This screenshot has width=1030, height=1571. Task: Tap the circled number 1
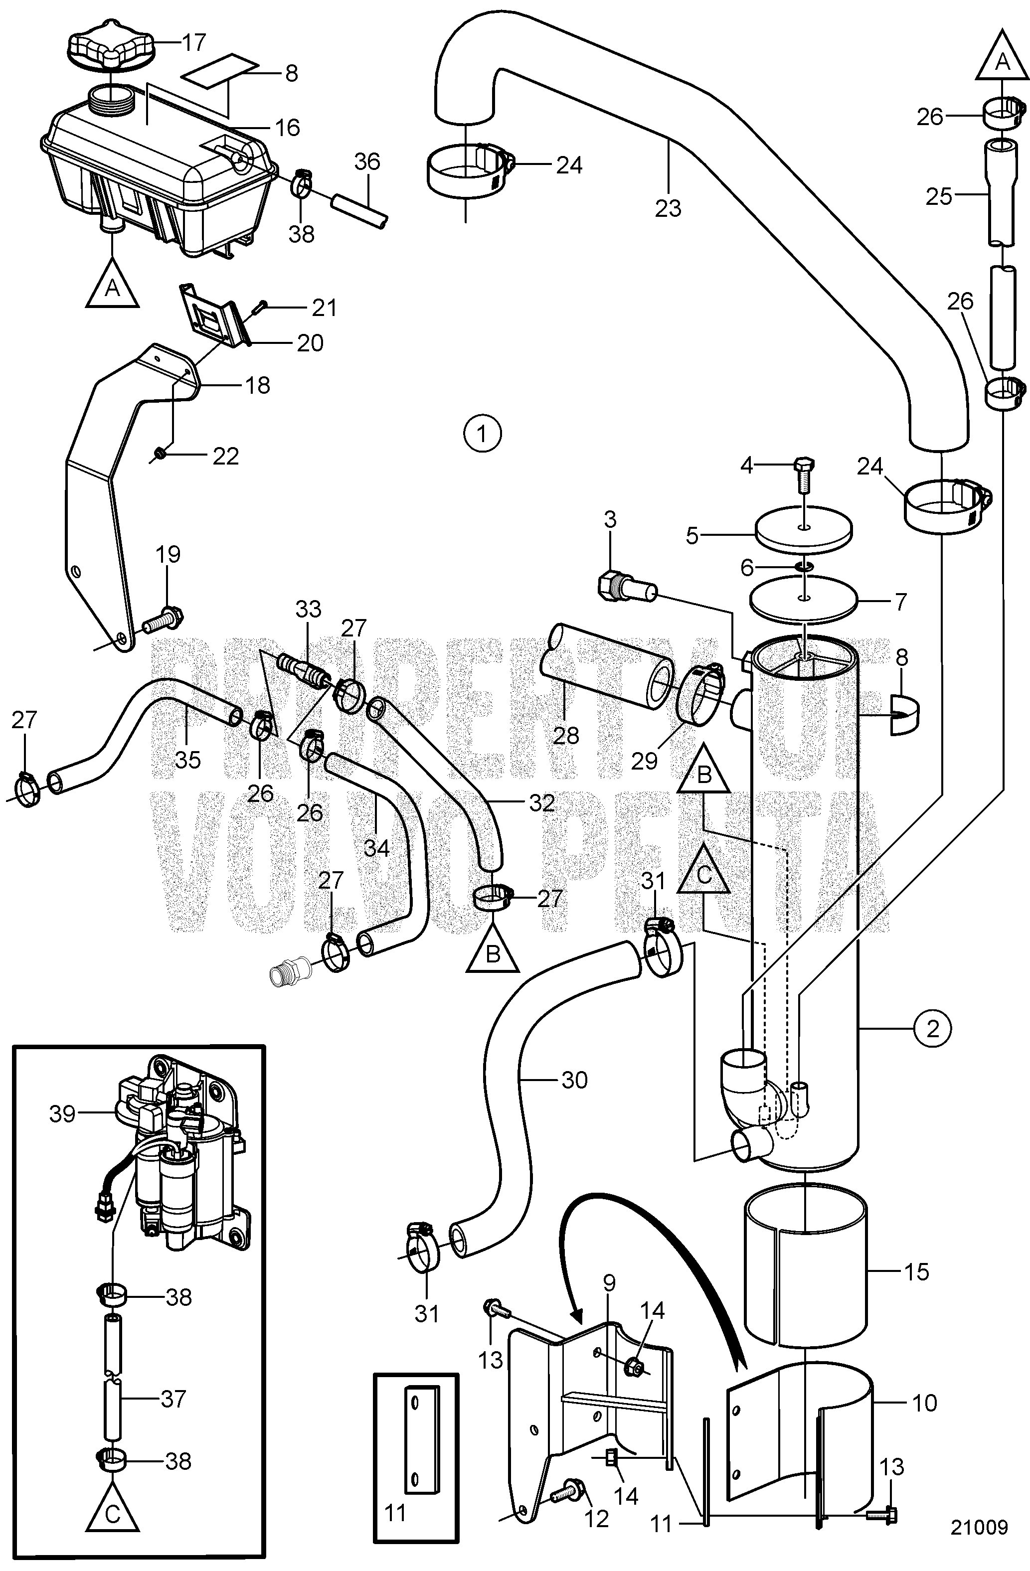[x=483, y=434]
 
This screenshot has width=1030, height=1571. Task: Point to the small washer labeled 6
[x=803, y=566]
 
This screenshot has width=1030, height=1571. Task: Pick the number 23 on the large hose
[x=668, y=209]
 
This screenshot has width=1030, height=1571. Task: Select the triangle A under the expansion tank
[x=113, y=283]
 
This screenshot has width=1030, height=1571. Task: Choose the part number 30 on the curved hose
[x=574, y=1080]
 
